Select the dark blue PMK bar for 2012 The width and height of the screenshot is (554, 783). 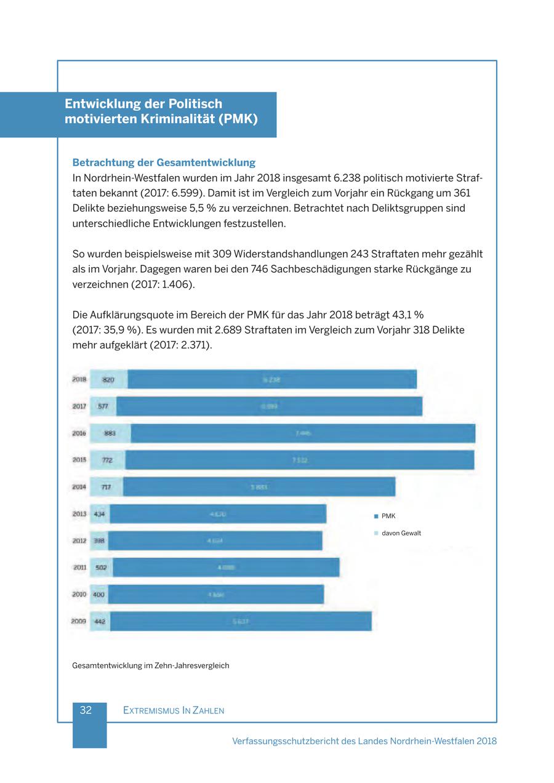pos(215,541)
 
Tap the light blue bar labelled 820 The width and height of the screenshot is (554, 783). pos(108,380)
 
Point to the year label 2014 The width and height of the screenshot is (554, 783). pos(79,487)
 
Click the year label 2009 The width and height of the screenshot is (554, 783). pos(79,622)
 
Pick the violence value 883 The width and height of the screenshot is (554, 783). pos(110,433)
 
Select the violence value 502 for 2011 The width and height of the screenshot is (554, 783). pos(102,568)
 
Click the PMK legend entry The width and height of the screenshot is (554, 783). pos(388,516)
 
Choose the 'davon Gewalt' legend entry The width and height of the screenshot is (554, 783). pos(401,533)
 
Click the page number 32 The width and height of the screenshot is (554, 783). pos(86,710)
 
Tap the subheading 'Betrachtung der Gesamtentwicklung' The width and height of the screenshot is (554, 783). pos(164,163)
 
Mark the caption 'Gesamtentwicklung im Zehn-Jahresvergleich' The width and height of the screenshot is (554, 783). pos(151,665)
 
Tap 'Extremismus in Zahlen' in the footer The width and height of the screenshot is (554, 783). pos(174,710)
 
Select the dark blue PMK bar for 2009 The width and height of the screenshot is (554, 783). pos(241,622)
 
